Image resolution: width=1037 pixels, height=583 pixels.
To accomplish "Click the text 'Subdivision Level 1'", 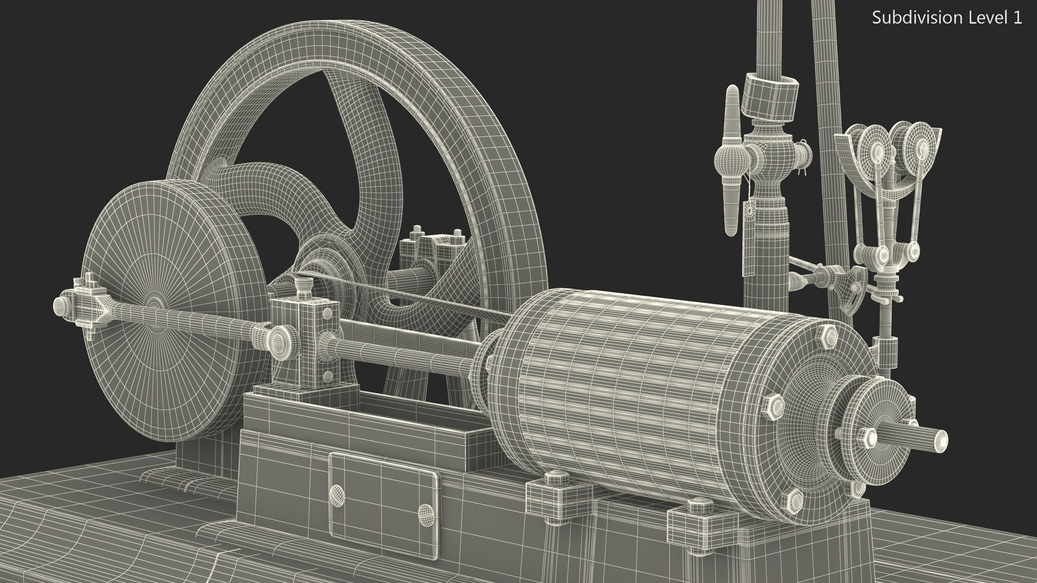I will pyautogui.click(x=947, y=18).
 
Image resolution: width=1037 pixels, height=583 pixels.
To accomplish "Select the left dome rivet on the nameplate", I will pyautogui.click(x=336, y=492).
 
